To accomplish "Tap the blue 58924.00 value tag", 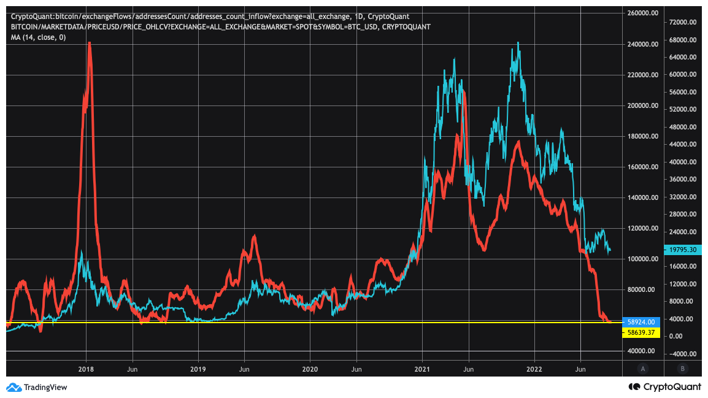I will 640,321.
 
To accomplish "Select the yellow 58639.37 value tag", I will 640,332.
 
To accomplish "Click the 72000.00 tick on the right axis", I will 683,22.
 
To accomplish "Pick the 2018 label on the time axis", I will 86,369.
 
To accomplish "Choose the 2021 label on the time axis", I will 422,369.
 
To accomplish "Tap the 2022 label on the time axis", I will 534,369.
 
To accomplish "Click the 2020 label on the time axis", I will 310,369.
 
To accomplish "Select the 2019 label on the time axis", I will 198,369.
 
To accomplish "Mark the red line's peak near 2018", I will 90,43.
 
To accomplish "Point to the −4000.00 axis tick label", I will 682,354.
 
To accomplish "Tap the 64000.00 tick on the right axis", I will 683,57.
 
